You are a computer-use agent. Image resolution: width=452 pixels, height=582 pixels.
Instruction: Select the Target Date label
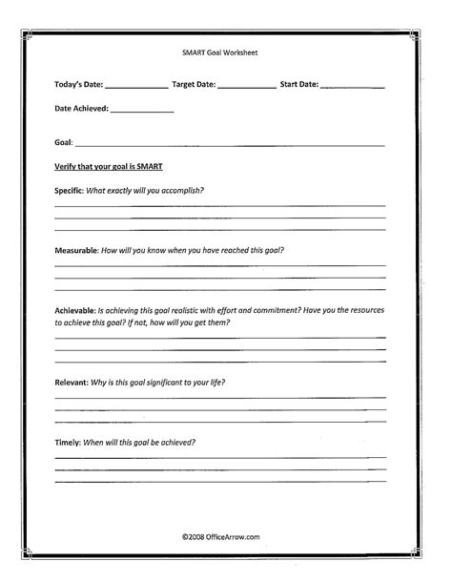[x=194, y=84]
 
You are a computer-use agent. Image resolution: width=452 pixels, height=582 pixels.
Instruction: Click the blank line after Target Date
[x=246, y=87]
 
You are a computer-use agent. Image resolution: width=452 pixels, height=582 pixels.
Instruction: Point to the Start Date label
[x=299, y=84]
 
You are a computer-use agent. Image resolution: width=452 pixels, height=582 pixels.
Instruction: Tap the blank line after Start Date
[x=353, y=87]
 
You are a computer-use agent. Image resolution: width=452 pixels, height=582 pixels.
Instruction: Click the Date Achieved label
[x=81, y=109]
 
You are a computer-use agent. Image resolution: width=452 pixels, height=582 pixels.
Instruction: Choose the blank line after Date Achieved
[x=142, y=112]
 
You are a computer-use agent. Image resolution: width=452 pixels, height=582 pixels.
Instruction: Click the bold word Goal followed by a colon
[x=65, y=143]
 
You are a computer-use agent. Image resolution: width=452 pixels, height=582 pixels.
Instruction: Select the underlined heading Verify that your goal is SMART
[x=109, y=165]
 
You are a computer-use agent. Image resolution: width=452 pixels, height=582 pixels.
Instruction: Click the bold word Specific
[x=70, y=189]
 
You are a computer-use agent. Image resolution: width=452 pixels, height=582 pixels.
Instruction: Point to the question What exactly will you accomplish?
[x=145, y=189]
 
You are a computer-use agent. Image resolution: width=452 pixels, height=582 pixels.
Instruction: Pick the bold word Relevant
[x=72, y=382]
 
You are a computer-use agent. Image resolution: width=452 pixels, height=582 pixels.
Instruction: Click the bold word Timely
[x=68, y=442]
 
